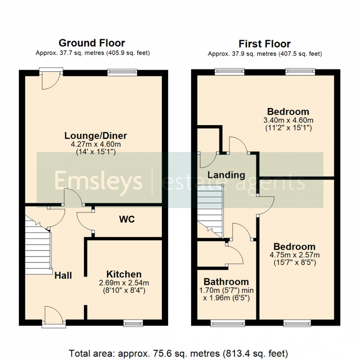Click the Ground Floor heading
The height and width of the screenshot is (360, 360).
pos(92,43)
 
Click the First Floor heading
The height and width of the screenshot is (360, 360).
pos(264,44)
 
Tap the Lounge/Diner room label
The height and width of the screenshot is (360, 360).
pos(95,136)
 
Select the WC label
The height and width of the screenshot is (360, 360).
pos(127,219)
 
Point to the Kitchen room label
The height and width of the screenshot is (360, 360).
pos(124,274)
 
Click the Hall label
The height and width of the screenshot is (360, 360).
pos(63,275)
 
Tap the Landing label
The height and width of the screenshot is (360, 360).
pos(226,175)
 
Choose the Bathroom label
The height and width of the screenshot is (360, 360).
pos(226,282)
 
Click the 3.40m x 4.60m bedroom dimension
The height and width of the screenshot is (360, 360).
pos(288,120)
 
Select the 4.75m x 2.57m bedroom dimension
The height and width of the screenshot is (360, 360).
pos(294,255)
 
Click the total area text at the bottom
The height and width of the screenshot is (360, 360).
pos(178,353)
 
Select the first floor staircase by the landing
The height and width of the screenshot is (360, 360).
pos(210,212)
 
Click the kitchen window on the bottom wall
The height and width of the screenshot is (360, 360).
pos(133,322)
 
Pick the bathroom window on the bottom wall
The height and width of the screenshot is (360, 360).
pos(227,323)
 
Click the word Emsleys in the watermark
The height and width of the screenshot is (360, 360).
pos(98,181)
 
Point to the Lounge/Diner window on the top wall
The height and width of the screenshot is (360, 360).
pos(122,72)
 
